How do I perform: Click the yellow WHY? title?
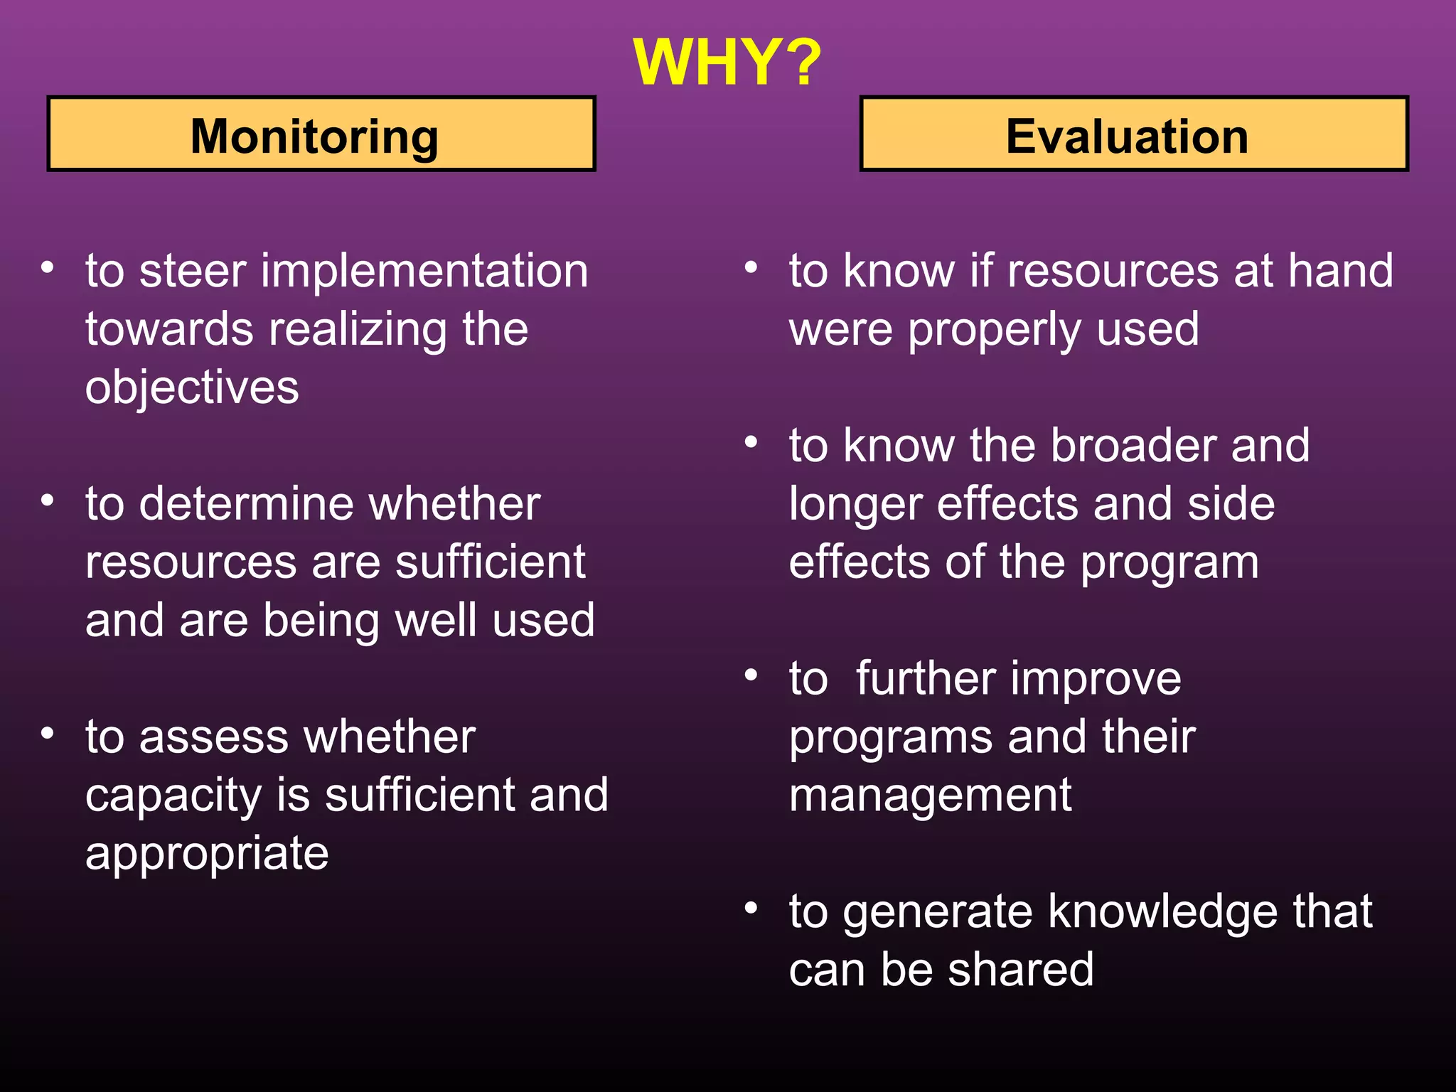[x=727, y=63]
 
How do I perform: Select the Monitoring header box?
[x=321, y=134]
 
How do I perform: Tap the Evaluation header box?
[x=1134, y=134]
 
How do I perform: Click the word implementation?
[x=424, y=272]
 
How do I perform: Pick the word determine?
[x=247, y=505]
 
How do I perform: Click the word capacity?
[x=173, y=796]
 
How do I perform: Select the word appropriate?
[x=207, y=855]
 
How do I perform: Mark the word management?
[x=930, y=796]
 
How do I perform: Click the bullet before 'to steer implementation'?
[x=48, y=268]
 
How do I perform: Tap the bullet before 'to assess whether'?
[x=48, y=733]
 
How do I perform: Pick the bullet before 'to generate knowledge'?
[x=751, y=908]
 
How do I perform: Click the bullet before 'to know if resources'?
[x=751, y=268]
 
